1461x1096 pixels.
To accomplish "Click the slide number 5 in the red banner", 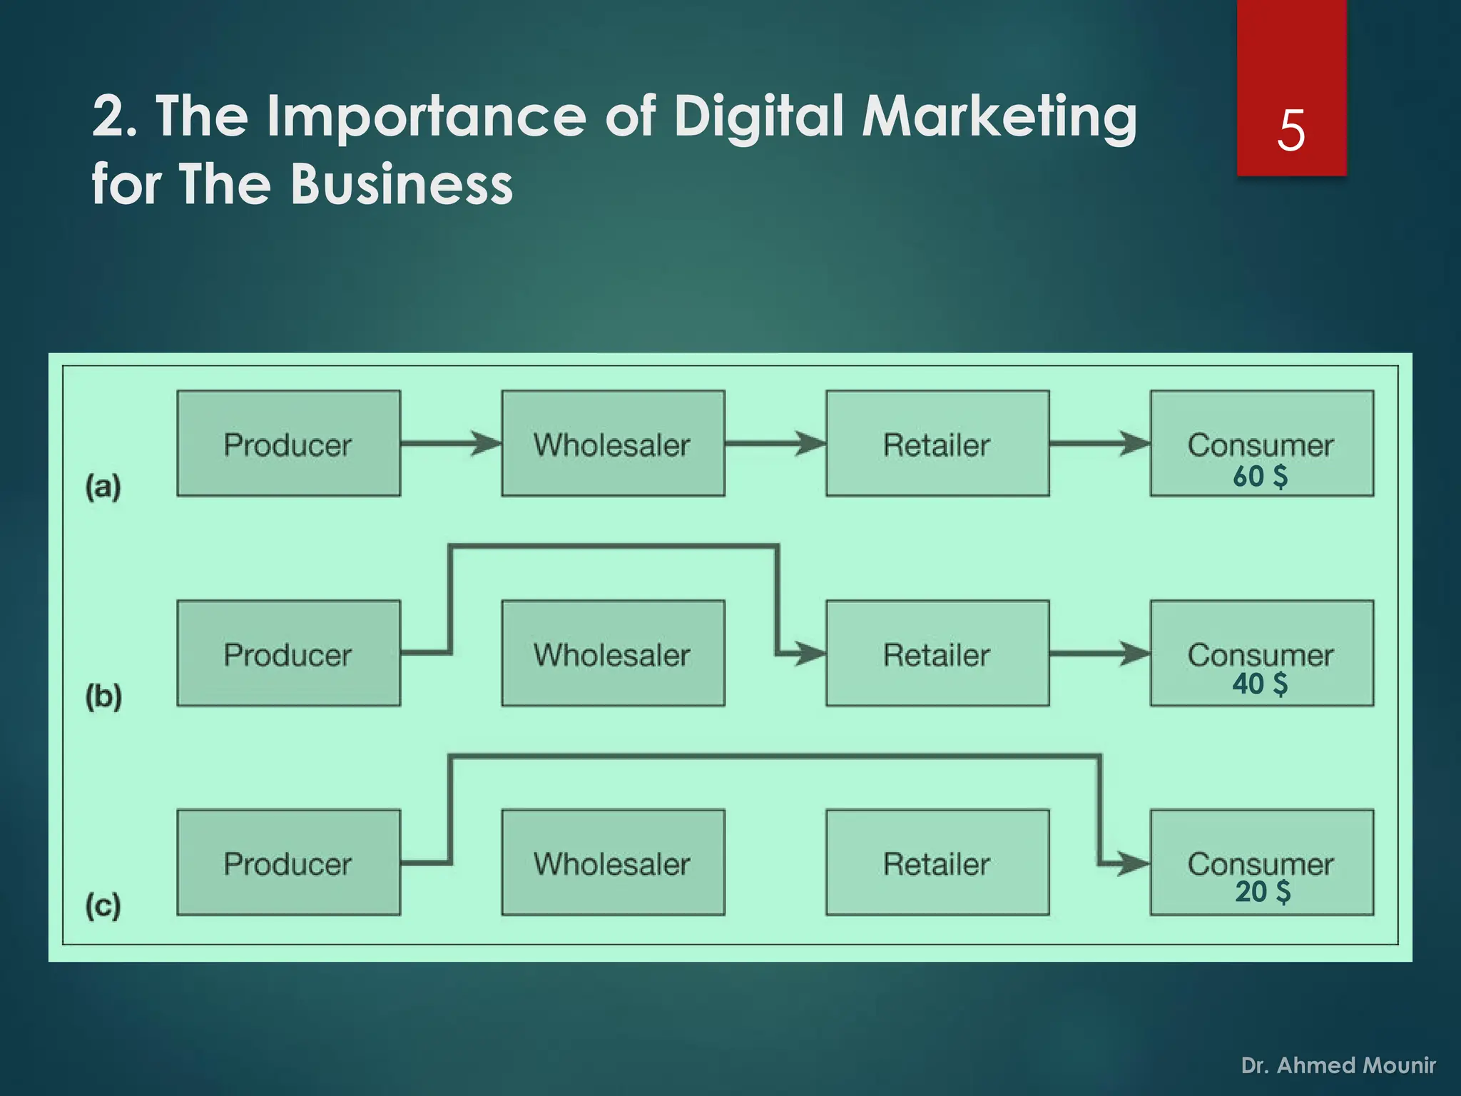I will pyautogui.click(x=1291, y=131).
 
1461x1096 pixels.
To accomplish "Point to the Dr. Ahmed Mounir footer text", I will pyautogui.click(x=1338, y=1065).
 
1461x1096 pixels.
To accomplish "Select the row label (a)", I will pyautogui.click(x=103, y=487).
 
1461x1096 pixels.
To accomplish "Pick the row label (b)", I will pyautogui.click(x=103, y=696).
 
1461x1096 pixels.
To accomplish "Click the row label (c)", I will pyautogui.click(x=103, y=905).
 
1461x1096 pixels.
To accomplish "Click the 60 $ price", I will pyautogui.click(x=1261, y=476).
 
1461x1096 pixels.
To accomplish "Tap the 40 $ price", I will pyautogui.click(x=1261, y=684).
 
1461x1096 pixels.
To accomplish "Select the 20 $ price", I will pyautogui.click(x=1263, y=892).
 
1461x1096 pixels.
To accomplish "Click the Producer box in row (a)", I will pyautogui.click(x=288, y=444).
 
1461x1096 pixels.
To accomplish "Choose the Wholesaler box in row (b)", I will pyautogui.click(x=613, y=654).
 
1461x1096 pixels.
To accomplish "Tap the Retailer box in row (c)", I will pyautogui.click(x=937, y=863).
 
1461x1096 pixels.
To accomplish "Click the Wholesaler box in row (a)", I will pyautogui.click(x=613, y=444).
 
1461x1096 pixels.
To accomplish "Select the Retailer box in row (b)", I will pyautogui.click(x=937, y=654).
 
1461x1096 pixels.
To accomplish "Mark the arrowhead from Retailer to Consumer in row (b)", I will pyautogui.click(x=1135, y=653).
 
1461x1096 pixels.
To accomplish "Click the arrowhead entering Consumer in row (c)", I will pyautogui.click(x=1135, y=863).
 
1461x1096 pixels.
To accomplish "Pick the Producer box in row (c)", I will pyautogui.click(x=288, y=863).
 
